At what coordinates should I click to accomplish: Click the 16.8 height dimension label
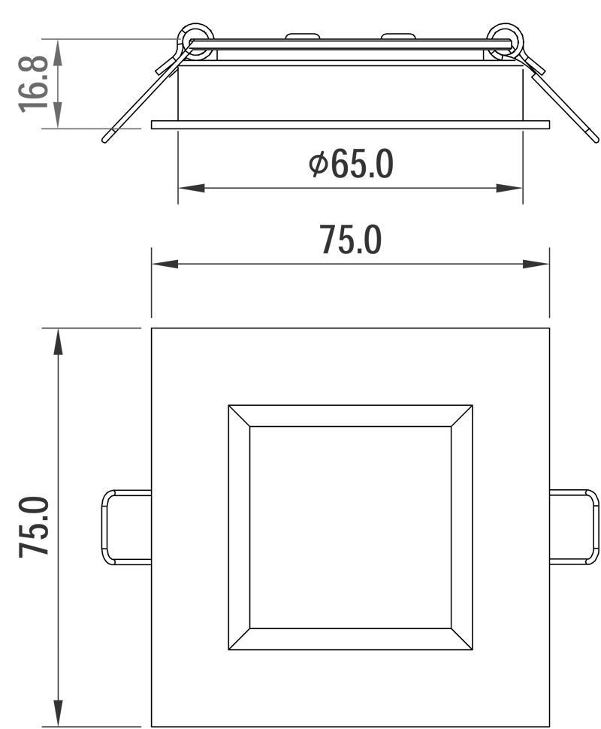pos(34,84)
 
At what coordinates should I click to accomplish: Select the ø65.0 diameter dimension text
pos(351,164)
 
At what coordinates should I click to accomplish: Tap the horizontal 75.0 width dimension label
pos(351,240)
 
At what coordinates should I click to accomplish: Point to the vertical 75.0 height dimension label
pos(34,526)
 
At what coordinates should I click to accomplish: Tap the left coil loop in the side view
pos(195,41)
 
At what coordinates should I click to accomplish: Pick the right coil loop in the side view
pos(505,41)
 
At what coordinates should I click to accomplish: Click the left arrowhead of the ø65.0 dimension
pos(192,189)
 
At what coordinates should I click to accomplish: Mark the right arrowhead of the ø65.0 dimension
pos(509,189)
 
